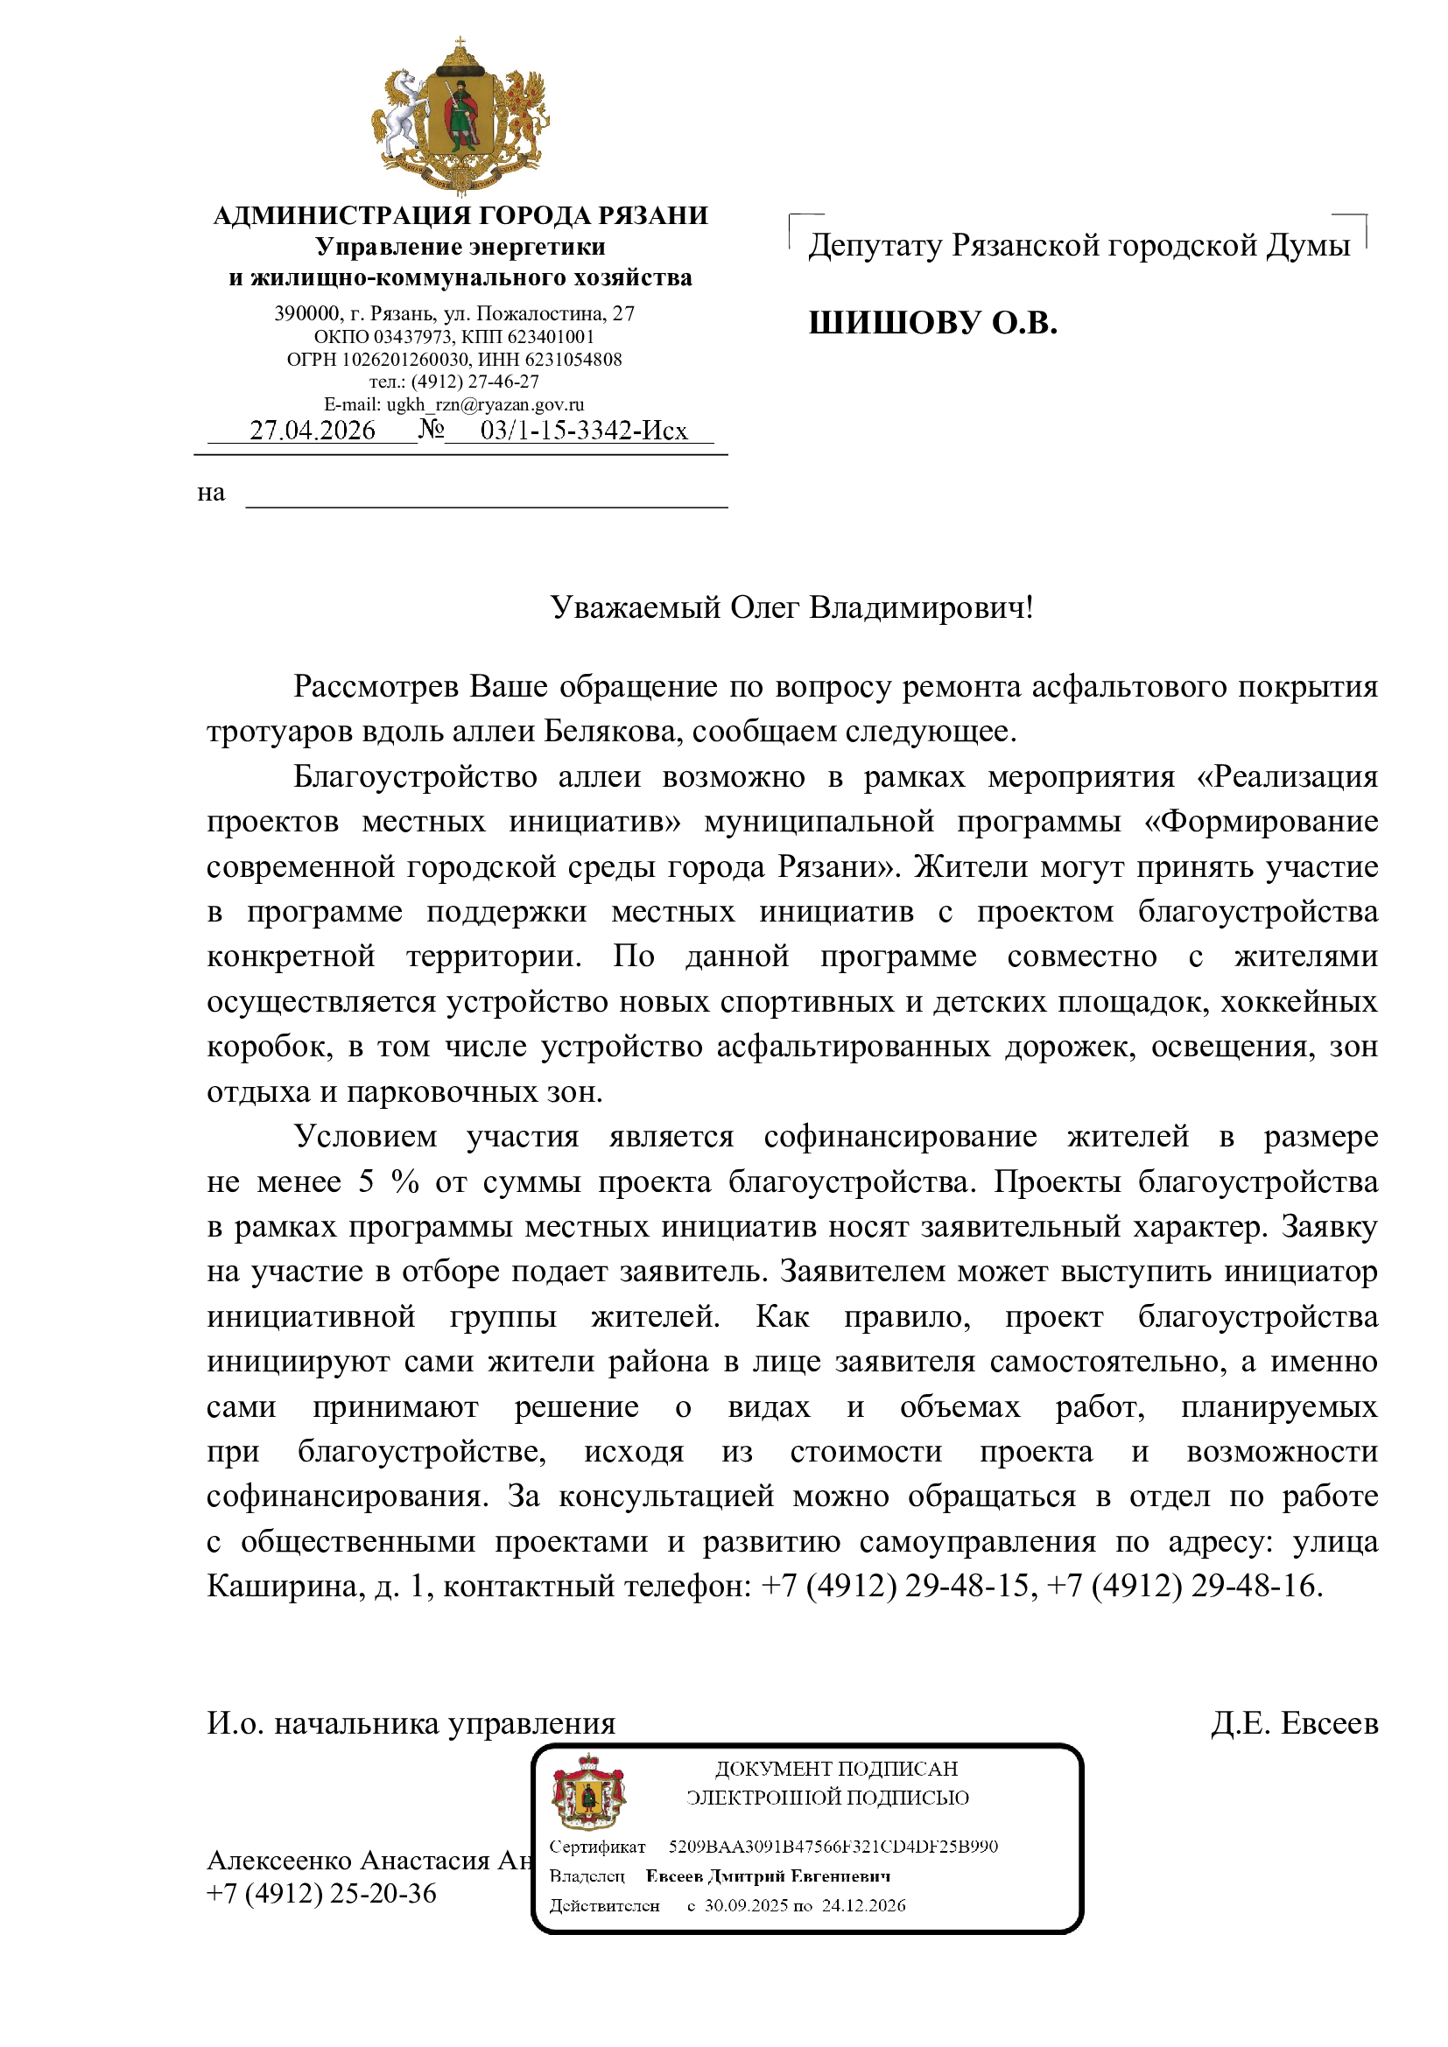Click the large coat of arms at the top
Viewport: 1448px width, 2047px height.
coord(460,114)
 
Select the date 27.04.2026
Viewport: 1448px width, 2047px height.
coord(312,431)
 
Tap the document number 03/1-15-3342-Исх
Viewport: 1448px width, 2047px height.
coord(583,431)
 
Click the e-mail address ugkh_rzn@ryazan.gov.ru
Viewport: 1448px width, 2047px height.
coord(485,403)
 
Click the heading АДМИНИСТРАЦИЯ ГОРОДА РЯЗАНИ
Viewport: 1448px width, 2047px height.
coord(460,215)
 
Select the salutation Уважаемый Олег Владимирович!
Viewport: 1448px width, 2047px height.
coord(791,607)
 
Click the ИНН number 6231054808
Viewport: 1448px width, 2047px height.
coord(573,360)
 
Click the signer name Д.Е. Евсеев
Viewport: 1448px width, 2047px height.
coord(1294,1723)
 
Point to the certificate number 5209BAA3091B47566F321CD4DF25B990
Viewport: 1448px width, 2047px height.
coord(833,1847)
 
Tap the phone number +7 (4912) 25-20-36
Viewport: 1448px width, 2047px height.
coord(321,1893)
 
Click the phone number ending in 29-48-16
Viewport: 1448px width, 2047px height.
coord(1254,1585)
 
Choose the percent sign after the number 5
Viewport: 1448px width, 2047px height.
coord(404,1181)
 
